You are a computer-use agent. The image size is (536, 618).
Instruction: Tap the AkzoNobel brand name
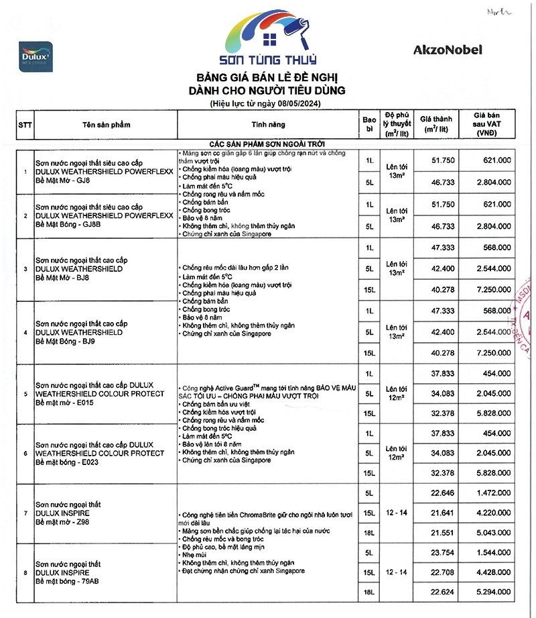[x=447, y=49]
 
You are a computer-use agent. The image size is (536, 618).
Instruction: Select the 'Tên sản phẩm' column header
[x=106, y=125]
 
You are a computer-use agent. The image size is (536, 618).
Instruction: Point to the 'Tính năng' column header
[x=268, y=125]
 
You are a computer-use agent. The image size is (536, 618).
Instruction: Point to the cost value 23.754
[x=443, y=553]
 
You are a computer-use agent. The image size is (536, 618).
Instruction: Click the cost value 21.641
[x=443, y=513]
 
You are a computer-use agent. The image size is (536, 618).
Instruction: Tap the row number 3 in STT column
[x=25, y=269]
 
